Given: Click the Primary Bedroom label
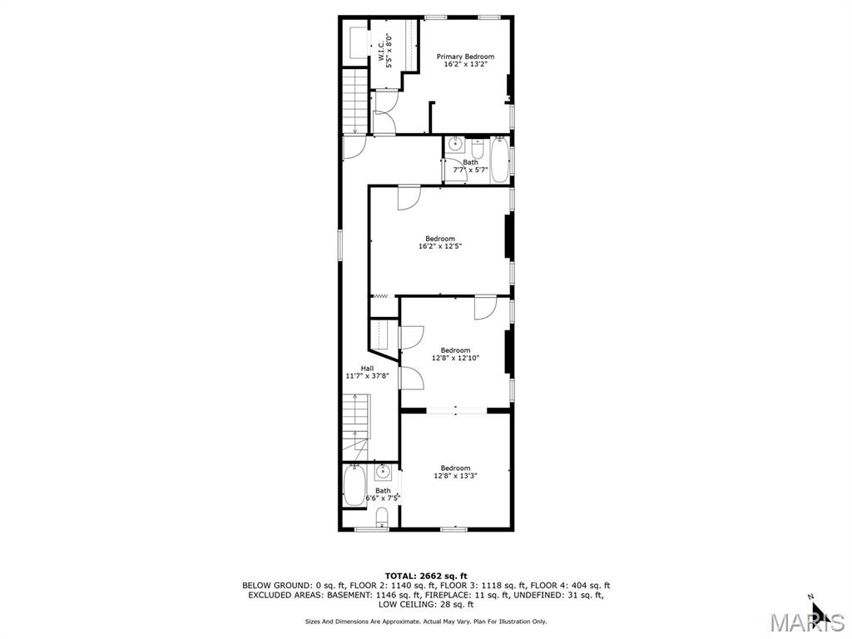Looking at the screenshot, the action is pos(466,57).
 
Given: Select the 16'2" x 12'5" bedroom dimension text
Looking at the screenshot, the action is pos(440,246).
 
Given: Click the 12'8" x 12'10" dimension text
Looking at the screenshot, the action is pos(455,358).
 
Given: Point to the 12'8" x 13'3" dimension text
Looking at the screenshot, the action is pos(455,476).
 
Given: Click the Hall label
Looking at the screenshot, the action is pos(367,369).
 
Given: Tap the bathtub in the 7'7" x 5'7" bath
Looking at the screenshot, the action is pos(499,161).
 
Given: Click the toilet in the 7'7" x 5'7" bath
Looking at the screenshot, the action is pos(477,148).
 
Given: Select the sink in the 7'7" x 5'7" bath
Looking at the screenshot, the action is pos(455,145).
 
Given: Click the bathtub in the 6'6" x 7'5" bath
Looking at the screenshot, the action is pos(354,485).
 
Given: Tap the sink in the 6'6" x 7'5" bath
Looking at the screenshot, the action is pos(384,472).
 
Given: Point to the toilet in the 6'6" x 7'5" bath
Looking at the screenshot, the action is pos(383,518).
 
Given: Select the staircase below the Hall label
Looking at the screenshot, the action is pos(355,428).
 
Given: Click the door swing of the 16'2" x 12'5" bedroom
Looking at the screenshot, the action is pos(409,198).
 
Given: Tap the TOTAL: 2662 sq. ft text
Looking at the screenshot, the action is pos(426,576).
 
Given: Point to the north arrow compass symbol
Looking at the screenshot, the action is pos(819,607).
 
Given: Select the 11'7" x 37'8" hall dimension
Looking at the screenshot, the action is pos(367,376).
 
